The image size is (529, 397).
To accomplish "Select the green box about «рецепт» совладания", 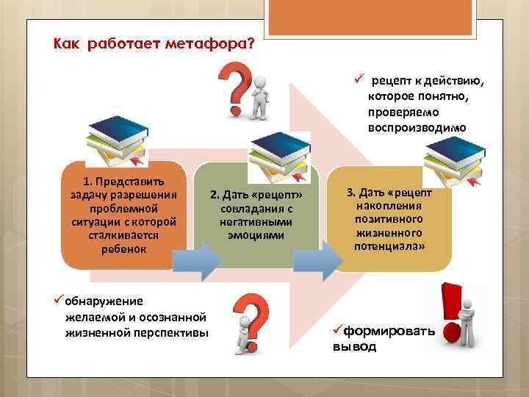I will pos(256,215).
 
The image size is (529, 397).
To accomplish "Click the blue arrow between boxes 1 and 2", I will pos(196,258).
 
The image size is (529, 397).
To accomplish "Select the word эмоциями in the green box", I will pos(256,235).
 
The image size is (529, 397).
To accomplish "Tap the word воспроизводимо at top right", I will pos(417,127).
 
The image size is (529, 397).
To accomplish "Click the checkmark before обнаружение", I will pos(60,301).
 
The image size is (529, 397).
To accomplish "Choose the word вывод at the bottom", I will pos(350,346).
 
